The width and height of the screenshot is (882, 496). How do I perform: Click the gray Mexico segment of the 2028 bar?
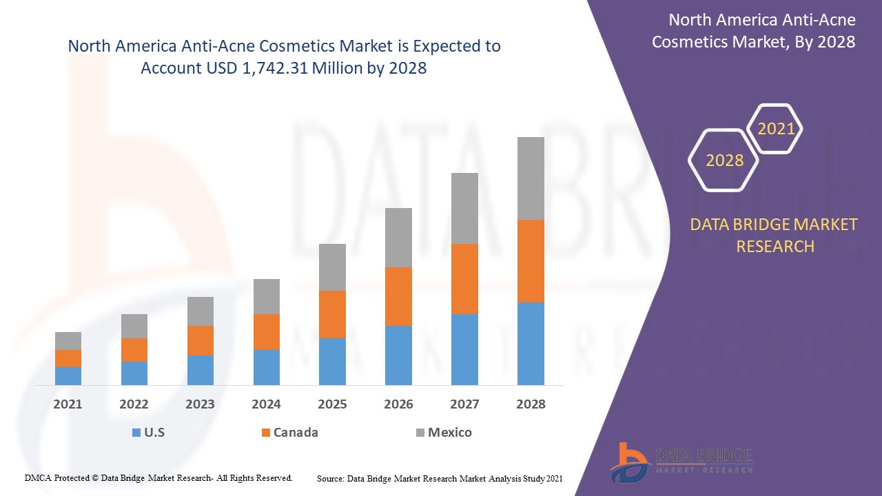[x=531, y=178]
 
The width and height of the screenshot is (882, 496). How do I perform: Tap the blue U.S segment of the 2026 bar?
[x=398, y=355]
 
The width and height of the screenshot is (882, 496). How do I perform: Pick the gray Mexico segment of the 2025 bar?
[x=332, y=267]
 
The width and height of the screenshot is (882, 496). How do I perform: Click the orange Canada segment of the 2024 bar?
[x=266, y=332]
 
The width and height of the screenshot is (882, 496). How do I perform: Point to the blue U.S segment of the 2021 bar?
[x=68, y=375]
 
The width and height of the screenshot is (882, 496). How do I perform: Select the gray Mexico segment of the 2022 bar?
[x=134, y=326]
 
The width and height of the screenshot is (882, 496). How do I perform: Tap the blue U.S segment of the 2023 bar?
[x=201, y=370]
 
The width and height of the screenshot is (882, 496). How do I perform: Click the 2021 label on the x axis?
[x=68, y=404]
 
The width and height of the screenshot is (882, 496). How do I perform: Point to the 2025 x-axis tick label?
[x=332, y=404]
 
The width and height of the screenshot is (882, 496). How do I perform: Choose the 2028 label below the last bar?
[x=531, y=404]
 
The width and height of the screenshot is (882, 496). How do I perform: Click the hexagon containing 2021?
[x=776, y=129]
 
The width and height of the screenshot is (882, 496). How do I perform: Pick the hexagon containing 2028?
[x=724, y=161]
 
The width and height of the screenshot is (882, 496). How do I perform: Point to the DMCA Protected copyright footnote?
[x=158, y=477]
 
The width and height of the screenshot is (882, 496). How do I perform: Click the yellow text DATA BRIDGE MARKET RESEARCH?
[x=775, y=235]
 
